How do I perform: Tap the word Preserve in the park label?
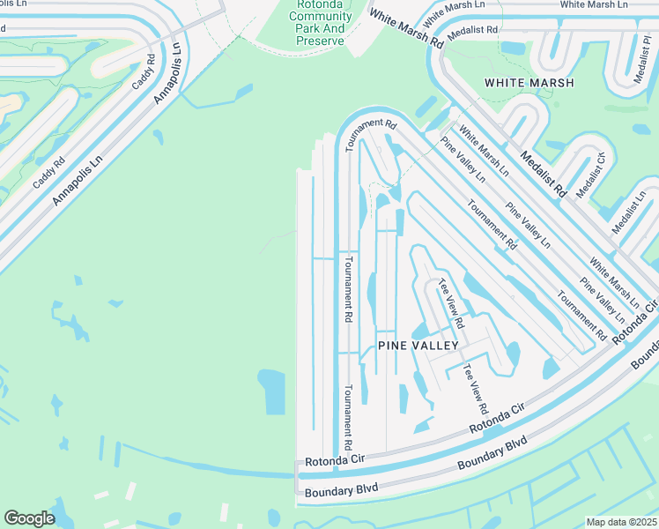coord(320,41)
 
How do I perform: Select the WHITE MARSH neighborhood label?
coord(529,83)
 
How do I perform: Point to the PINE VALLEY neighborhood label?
coord(418,346)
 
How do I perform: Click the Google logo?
coord(29,518)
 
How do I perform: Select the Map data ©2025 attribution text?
coord(620,522)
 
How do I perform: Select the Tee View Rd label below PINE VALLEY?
coord(476,390)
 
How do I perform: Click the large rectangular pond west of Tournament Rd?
coord(271,391)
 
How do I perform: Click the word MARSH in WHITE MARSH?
coord(552,83)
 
